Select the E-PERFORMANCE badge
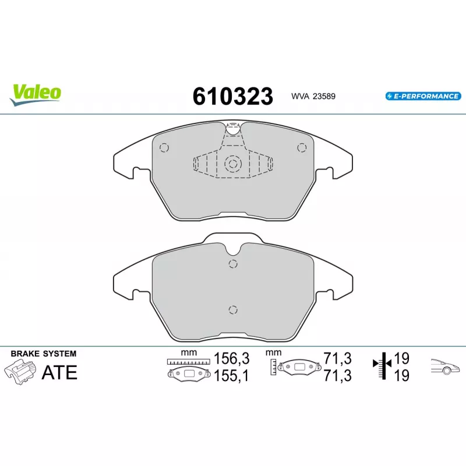click(x=422, y=96)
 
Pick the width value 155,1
click(x=231, y=376)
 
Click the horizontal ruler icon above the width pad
click(x=188, y=362)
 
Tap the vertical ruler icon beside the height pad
click(x=273, y=366)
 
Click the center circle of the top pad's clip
click(x=233, y=164)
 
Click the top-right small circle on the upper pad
click(x=301, y=147)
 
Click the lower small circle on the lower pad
click(x=233, y=309)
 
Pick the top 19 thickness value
click(x=401, y=358)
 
